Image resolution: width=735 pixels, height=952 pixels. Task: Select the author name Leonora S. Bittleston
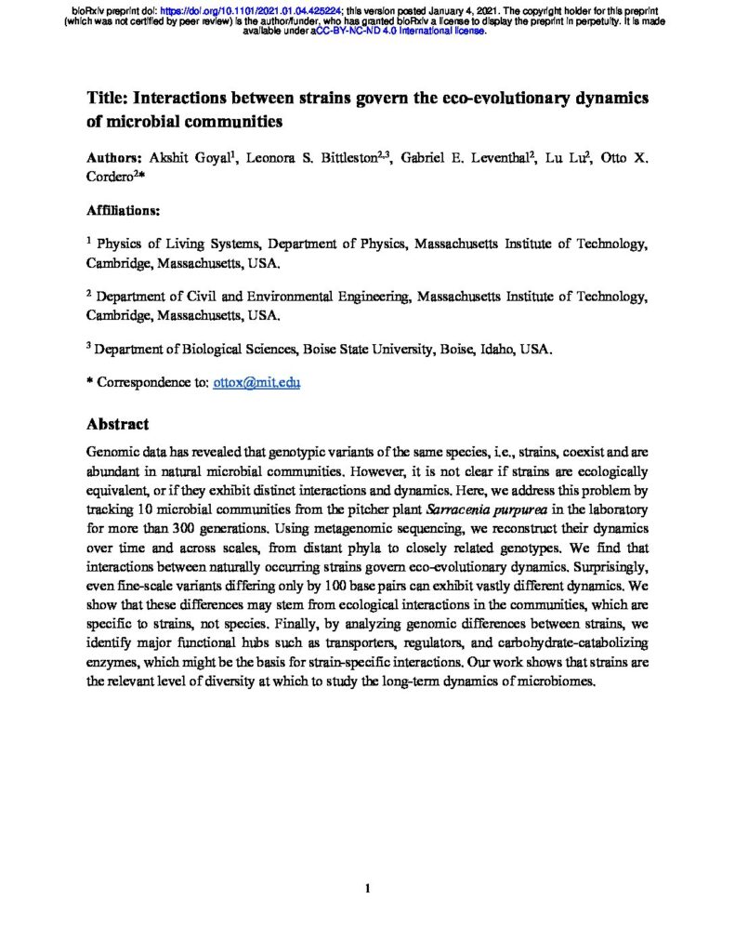pos(312,157)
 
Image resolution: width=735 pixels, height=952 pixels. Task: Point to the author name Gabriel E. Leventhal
pos(466,157)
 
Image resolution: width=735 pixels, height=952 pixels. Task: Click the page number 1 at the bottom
pos(368,889)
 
